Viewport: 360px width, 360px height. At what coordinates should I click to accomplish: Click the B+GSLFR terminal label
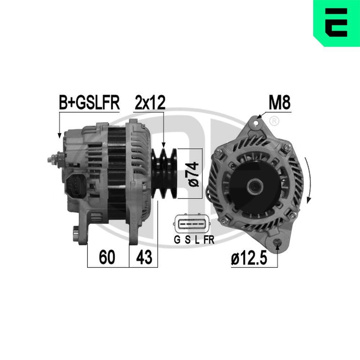click(89, 103)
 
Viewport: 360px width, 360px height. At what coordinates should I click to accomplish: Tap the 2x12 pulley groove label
click(150, 103)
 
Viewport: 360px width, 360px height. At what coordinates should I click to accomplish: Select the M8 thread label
click(280, 103)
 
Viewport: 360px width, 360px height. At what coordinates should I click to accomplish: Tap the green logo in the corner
click(337, 23)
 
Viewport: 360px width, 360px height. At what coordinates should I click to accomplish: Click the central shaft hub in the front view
click(255, 186)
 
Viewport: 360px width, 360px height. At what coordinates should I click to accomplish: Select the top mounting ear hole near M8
click(256, 123)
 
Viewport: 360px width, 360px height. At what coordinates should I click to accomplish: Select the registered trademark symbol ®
click(274, 121)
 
